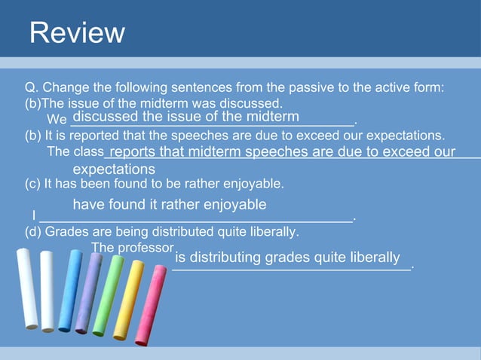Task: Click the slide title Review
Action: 77,32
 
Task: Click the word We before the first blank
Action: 57,120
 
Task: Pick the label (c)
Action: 34,183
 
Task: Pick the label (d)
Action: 34,232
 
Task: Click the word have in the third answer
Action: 88,205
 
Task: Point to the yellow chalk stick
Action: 127,301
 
